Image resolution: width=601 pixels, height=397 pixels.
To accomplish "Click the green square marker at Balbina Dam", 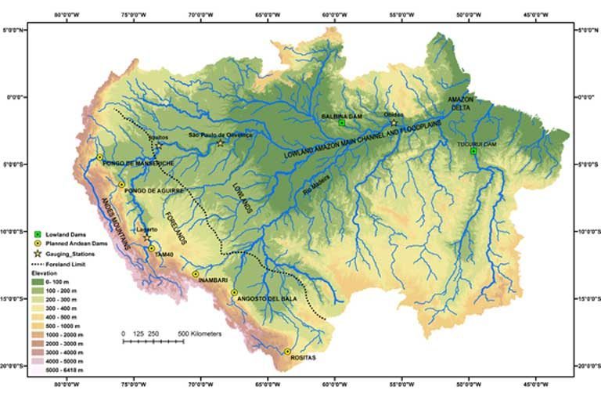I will pos(342,123).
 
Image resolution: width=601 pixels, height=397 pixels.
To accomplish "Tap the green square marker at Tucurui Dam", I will pos(473,151).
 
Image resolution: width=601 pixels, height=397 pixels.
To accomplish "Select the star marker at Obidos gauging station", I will pos(394,123).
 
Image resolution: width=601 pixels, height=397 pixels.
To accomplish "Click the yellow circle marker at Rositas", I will pos(287,352).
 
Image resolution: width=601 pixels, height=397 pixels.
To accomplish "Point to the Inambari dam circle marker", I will pos(195,274).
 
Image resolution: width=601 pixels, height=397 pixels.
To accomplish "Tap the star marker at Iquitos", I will pos(158,146).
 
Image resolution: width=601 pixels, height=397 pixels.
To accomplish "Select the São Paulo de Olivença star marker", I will pos(220,143).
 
